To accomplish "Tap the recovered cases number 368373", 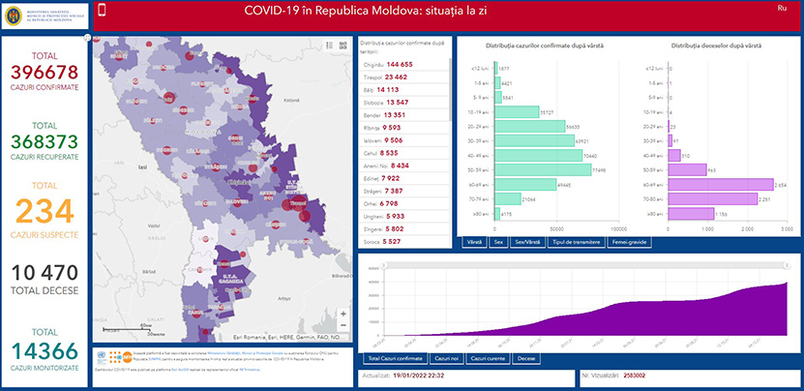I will click(43, 142).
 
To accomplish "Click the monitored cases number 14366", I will click(43, 352).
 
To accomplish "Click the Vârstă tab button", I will click(474, 241).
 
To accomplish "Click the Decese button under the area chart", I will click(526, 358).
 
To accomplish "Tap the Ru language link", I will click(781, 9).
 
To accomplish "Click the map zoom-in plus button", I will click(342, 315).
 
